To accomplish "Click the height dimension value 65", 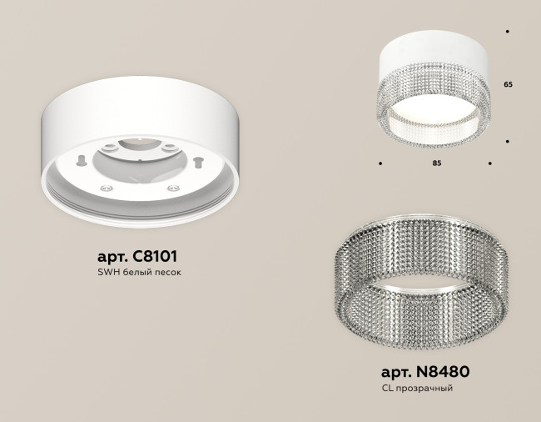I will (508, 85).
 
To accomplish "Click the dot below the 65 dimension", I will (508, 142).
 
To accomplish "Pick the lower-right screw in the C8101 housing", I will (173, 190).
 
